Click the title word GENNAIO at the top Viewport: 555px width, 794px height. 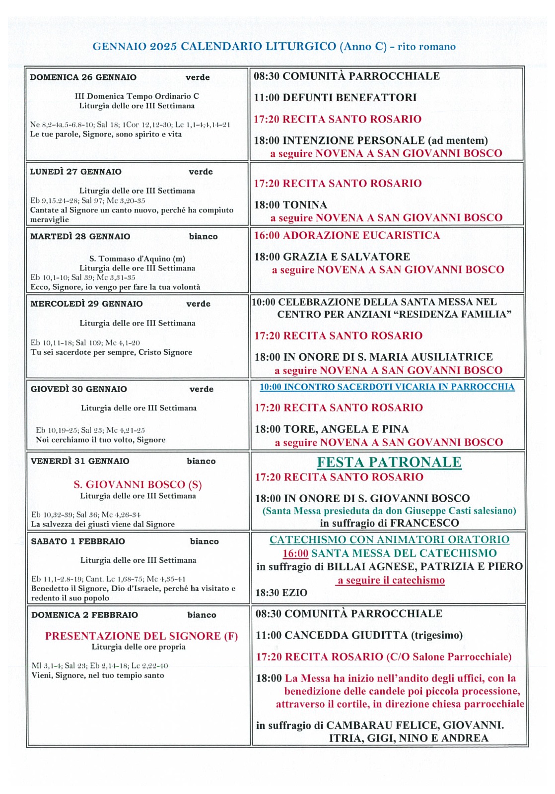click(119, 47)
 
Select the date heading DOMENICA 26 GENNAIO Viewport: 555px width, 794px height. click(83, 77)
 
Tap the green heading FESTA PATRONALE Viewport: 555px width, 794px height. click(389, 462)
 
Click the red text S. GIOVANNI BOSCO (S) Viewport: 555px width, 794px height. click(138, 484)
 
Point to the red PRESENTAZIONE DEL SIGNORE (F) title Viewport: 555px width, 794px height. click(141, 636)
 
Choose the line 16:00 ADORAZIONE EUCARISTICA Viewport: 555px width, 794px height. click(347, 235)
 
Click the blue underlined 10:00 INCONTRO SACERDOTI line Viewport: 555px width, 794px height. click(387, 387)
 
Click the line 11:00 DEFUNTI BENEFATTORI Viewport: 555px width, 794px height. click(335, 98)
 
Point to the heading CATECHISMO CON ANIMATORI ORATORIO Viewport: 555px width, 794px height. click(389, 539)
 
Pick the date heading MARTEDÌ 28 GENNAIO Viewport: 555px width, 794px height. click(80, 237)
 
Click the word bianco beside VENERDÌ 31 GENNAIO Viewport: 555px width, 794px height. click(201, 461)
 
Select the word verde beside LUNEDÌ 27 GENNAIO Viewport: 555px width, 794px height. click(201, 172)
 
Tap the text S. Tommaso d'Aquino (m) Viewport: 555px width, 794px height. click(137, 259)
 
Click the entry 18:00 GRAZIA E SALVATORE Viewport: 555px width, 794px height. click(332, 257)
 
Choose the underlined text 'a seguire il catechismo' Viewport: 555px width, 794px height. click(391, 580)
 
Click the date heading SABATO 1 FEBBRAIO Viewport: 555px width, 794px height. click(78, 541)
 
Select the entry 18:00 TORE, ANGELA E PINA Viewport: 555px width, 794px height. click(332, 429)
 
